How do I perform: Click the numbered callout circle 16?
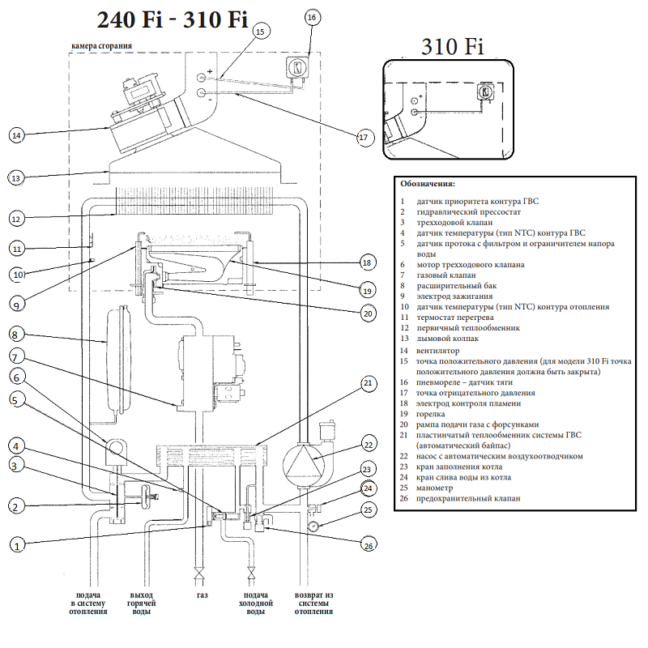point(313,16)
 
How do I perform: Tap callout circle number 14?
point(17,135)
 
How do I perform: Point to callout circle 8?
point(17,334)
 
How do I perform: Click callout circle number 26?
point(369,547)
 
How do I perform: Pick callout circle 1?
point(17,545)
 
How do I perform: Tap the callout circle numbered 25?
point(369,509)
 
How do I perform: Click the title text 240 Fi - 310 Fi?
point(172,19)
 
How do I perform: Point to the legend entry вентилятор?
point(437,351)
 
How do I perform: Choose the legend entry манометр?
point(435,487)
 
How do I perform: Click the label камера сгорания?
point(102,47)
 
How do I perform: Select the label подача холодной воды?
point(255,603)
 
